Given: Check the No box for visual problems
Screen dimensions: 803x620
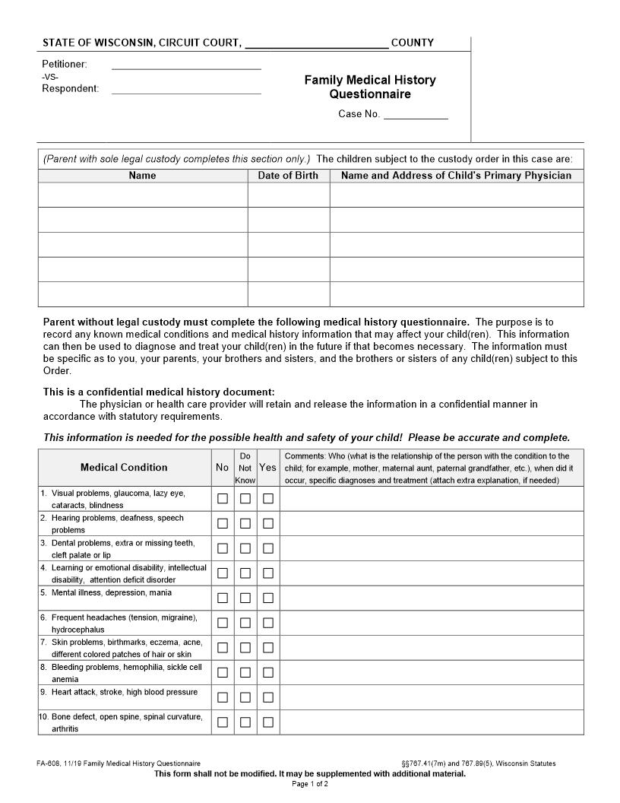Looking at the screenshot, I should point(223,499).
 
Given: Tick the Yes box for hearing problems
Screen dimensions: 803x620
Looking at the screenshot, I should point(268,523).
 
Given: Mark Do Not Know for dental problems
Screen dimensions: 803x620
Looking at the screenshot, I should point(245,548).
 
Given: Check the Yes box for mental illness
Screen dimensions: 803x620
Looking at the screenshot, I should point(268,598).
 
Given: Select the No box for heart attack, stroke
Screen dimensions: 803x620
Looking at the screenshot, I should point(223,697).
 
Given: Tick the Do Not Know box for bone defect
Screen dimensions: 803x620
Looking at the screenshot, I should point(245,722).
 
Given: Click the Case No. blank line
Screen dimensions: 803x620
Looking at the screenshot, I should point(416,115).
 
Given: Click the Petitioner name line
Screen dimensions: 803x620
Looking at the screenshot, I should point(186,65).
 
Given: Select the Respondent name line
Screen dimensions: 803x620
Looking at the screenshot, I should point(186,89).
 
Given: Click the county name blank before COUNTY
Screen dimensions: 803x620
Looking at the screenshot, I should point(317,43).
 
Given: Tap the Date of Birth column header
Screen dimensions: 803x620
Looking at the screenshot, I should point(288,176).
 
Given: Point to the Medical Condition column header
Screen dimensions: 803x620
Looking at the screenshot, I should point(124,467).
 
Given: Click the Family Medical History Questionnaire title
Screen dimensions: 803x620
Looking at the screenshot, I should point(370,87).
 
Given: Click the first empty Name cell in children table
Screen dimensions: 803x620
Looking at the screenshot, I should point(142,195).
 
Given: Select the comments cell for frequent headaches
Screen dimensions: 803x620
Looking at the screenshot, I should point(432,623).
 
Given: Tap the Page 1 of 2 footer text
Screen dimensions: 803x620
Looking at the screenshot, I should point(310,784).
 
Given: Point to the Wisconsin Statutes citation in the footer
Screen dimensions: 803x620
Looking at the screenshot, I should point(478,763).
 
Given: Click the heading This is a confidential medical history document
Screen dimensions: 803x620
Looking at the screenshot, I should point(159,392).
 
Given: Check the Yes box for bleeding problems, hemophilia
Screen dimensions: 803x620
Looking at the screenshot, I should point(268,672).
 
